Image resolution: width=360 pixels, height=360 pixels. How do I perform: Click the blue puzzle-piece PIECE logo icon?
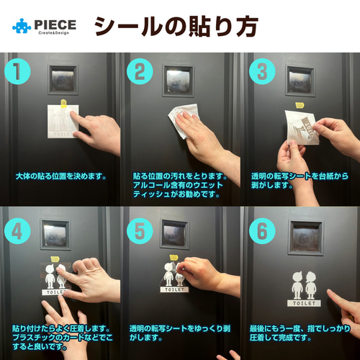pos(22,26)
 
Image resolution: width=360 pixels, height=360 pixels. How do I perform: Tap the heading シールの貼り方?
pos(176,26)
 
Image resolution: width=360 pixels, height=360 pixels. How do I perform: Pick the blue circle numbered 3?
pos(260,71)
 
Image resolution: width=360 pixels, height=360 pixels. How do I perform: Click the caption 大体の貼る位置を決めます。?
pos(60,176)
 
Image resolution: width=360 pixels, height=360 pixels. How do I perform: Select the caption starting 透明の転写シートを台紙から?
pos(298,180)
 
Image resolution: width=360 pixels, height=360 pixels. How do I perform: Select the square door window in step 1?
pos(63,78)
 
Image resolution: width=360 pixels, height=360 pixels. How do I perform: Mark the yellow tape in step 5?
pos(175,258)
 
